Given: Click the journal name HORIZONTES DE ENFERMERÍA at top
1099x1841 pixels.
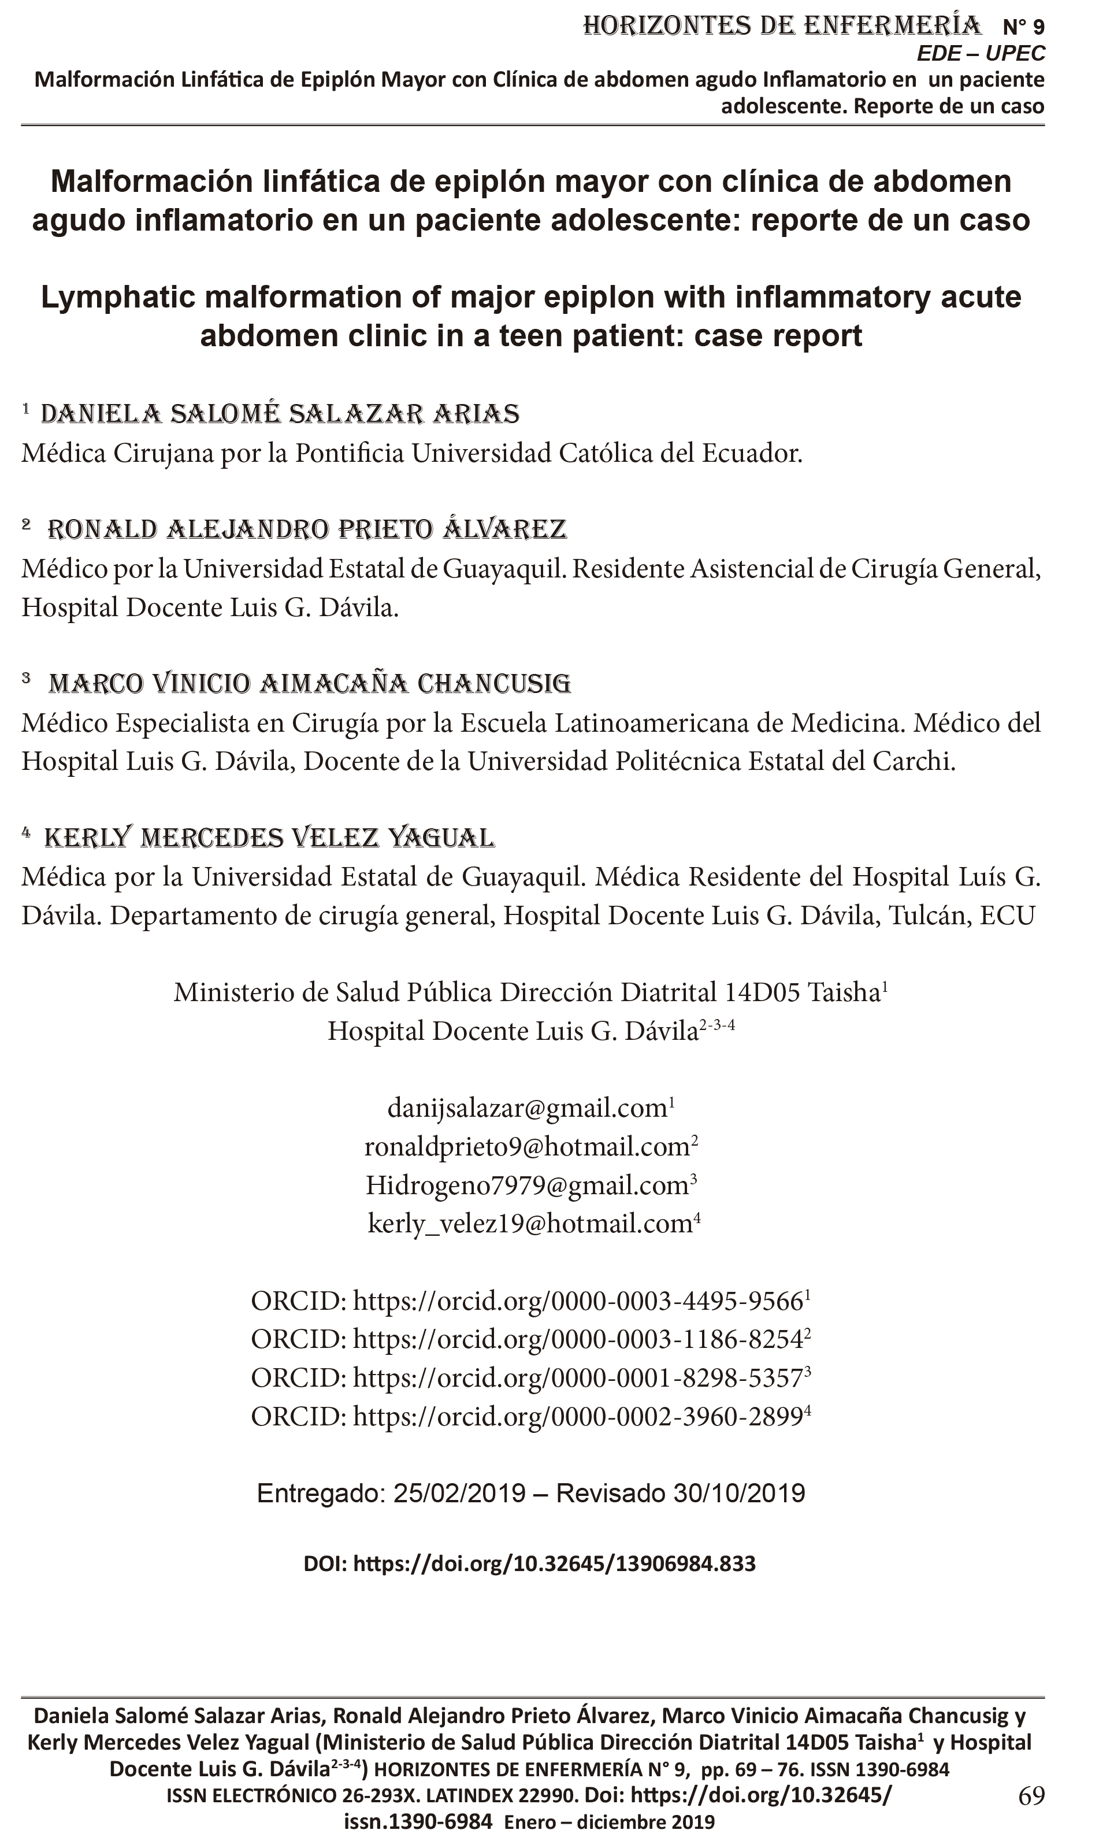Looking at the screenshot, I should (x=781, y=26).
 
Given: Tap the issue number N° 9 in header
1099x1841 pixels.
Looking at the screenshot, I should (x=1023, y=27).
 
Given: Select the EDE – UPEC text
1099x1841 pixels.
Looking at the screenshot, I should (x=981, y=53).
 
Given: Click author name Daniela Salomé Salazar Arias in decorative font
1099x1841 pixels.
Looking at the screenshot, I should (x=280, y=413).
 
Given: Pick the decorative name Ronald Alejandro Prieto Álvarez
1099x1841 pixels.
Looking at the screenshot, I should (x=307, y=529).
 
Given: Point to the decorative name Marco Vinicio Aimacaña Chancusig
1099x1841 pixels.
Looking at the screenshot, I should (x=310, y=683).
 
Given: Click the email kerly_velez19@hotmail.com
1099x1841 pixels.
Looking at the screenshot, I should (x=530, y=1223).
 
